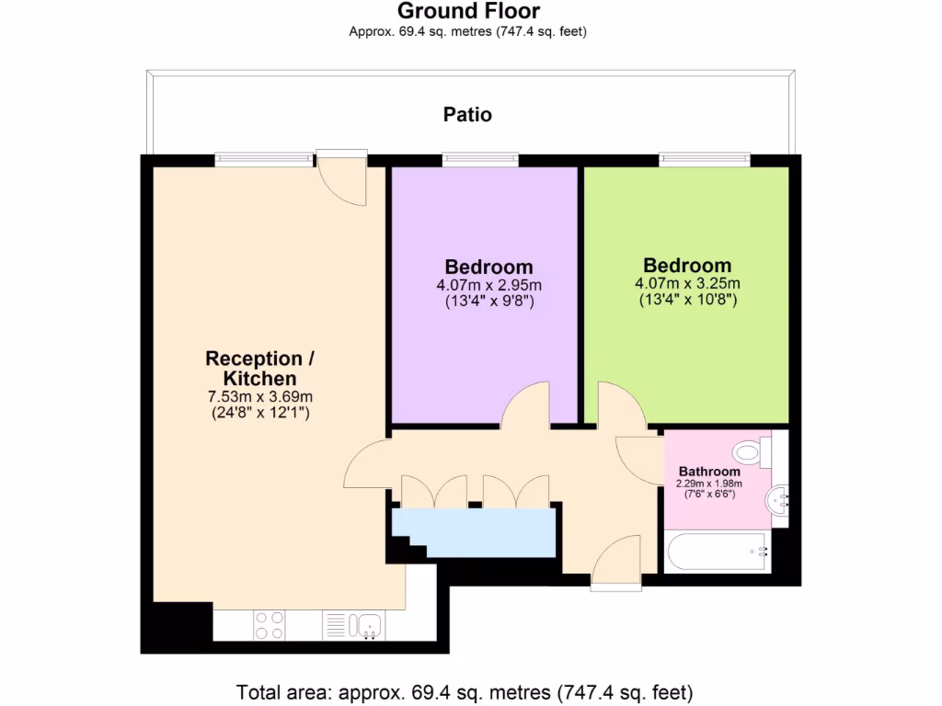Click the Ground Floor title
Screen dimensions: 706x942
(x=468, y=11)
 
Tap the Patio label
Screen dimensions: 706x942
(x=467, y=115)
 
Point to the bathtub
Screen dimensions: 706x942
(x=718, y=552)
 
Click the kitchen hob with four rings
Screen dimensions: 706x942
(x=269, y=625)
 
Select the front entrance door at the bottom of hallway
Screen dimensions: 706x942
(x=615, y=562)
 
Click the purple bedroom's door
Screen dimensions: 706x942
(x=526, y=406)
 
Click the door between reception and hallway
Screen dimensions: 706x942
(x=366, y=464)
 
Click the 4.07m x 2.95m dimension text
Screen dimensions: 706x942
(x=488, y=285)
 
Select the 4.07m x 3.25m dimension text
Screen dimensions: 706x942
(x=687, y=283)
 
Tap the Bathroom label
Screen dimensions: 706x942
(x=709, y=472)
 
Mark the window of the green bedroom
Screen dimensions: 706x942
(x=705, y=160)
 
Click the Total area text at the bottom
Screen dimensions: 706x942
(x=465, y=691)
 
